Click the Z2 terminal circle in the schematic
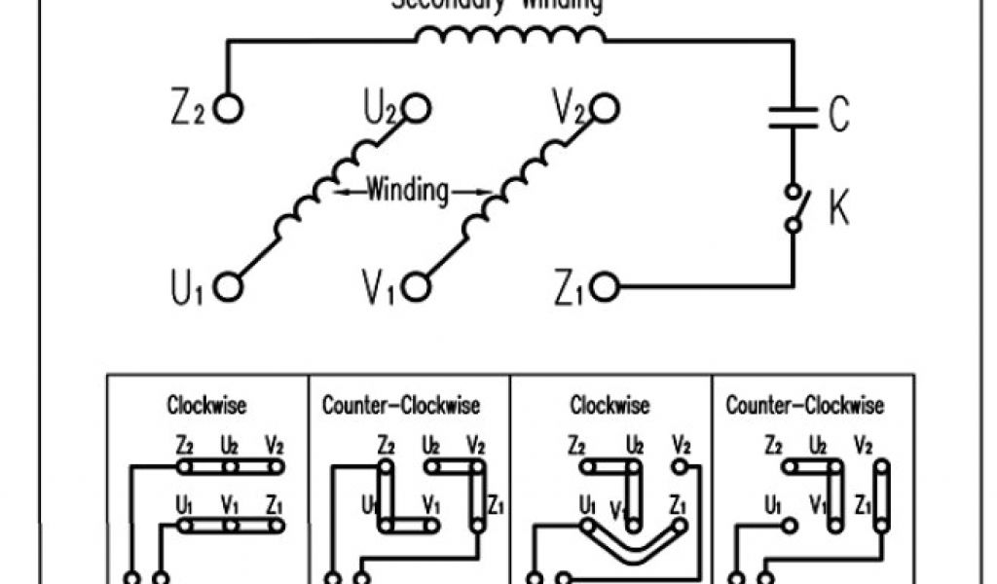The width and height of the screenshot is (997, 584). tap(228, 109)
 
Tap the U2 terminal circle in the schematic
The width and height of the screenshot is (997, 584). tap(417, 108)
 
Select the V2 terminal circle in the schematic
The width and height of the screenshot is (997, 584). tap(604, 108)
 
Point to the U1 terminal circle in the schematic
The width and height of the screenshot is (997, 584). tap(228, 287)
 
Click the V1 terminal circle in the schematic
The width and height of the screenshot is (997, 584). tap(417, 287)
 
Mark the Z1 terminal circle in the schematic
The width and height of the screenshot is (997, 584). tap(604, 287)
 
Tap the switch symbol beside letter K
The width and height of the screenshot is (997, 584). tap(794, 206)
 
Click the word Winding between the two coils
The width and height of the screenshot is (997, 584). tap(408, 191)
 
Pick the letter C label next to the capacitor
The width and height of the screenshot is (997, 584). tap(838, 116)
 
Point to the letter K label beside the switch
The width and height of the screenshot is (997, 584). tap(838, 208)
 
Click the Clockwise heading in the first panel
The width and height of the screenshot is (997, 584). tap(206, 404)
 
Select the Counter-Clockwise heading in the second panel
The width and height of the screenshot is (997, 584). tap(401, 404)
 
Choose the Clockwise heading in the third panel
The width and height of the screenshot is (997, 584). tap(609, 404)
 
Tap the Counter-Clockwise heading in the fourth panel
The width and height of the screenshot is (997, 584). tap(805, 404)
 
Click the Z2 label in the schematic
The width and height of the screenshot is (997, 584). tap(186, 109)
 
